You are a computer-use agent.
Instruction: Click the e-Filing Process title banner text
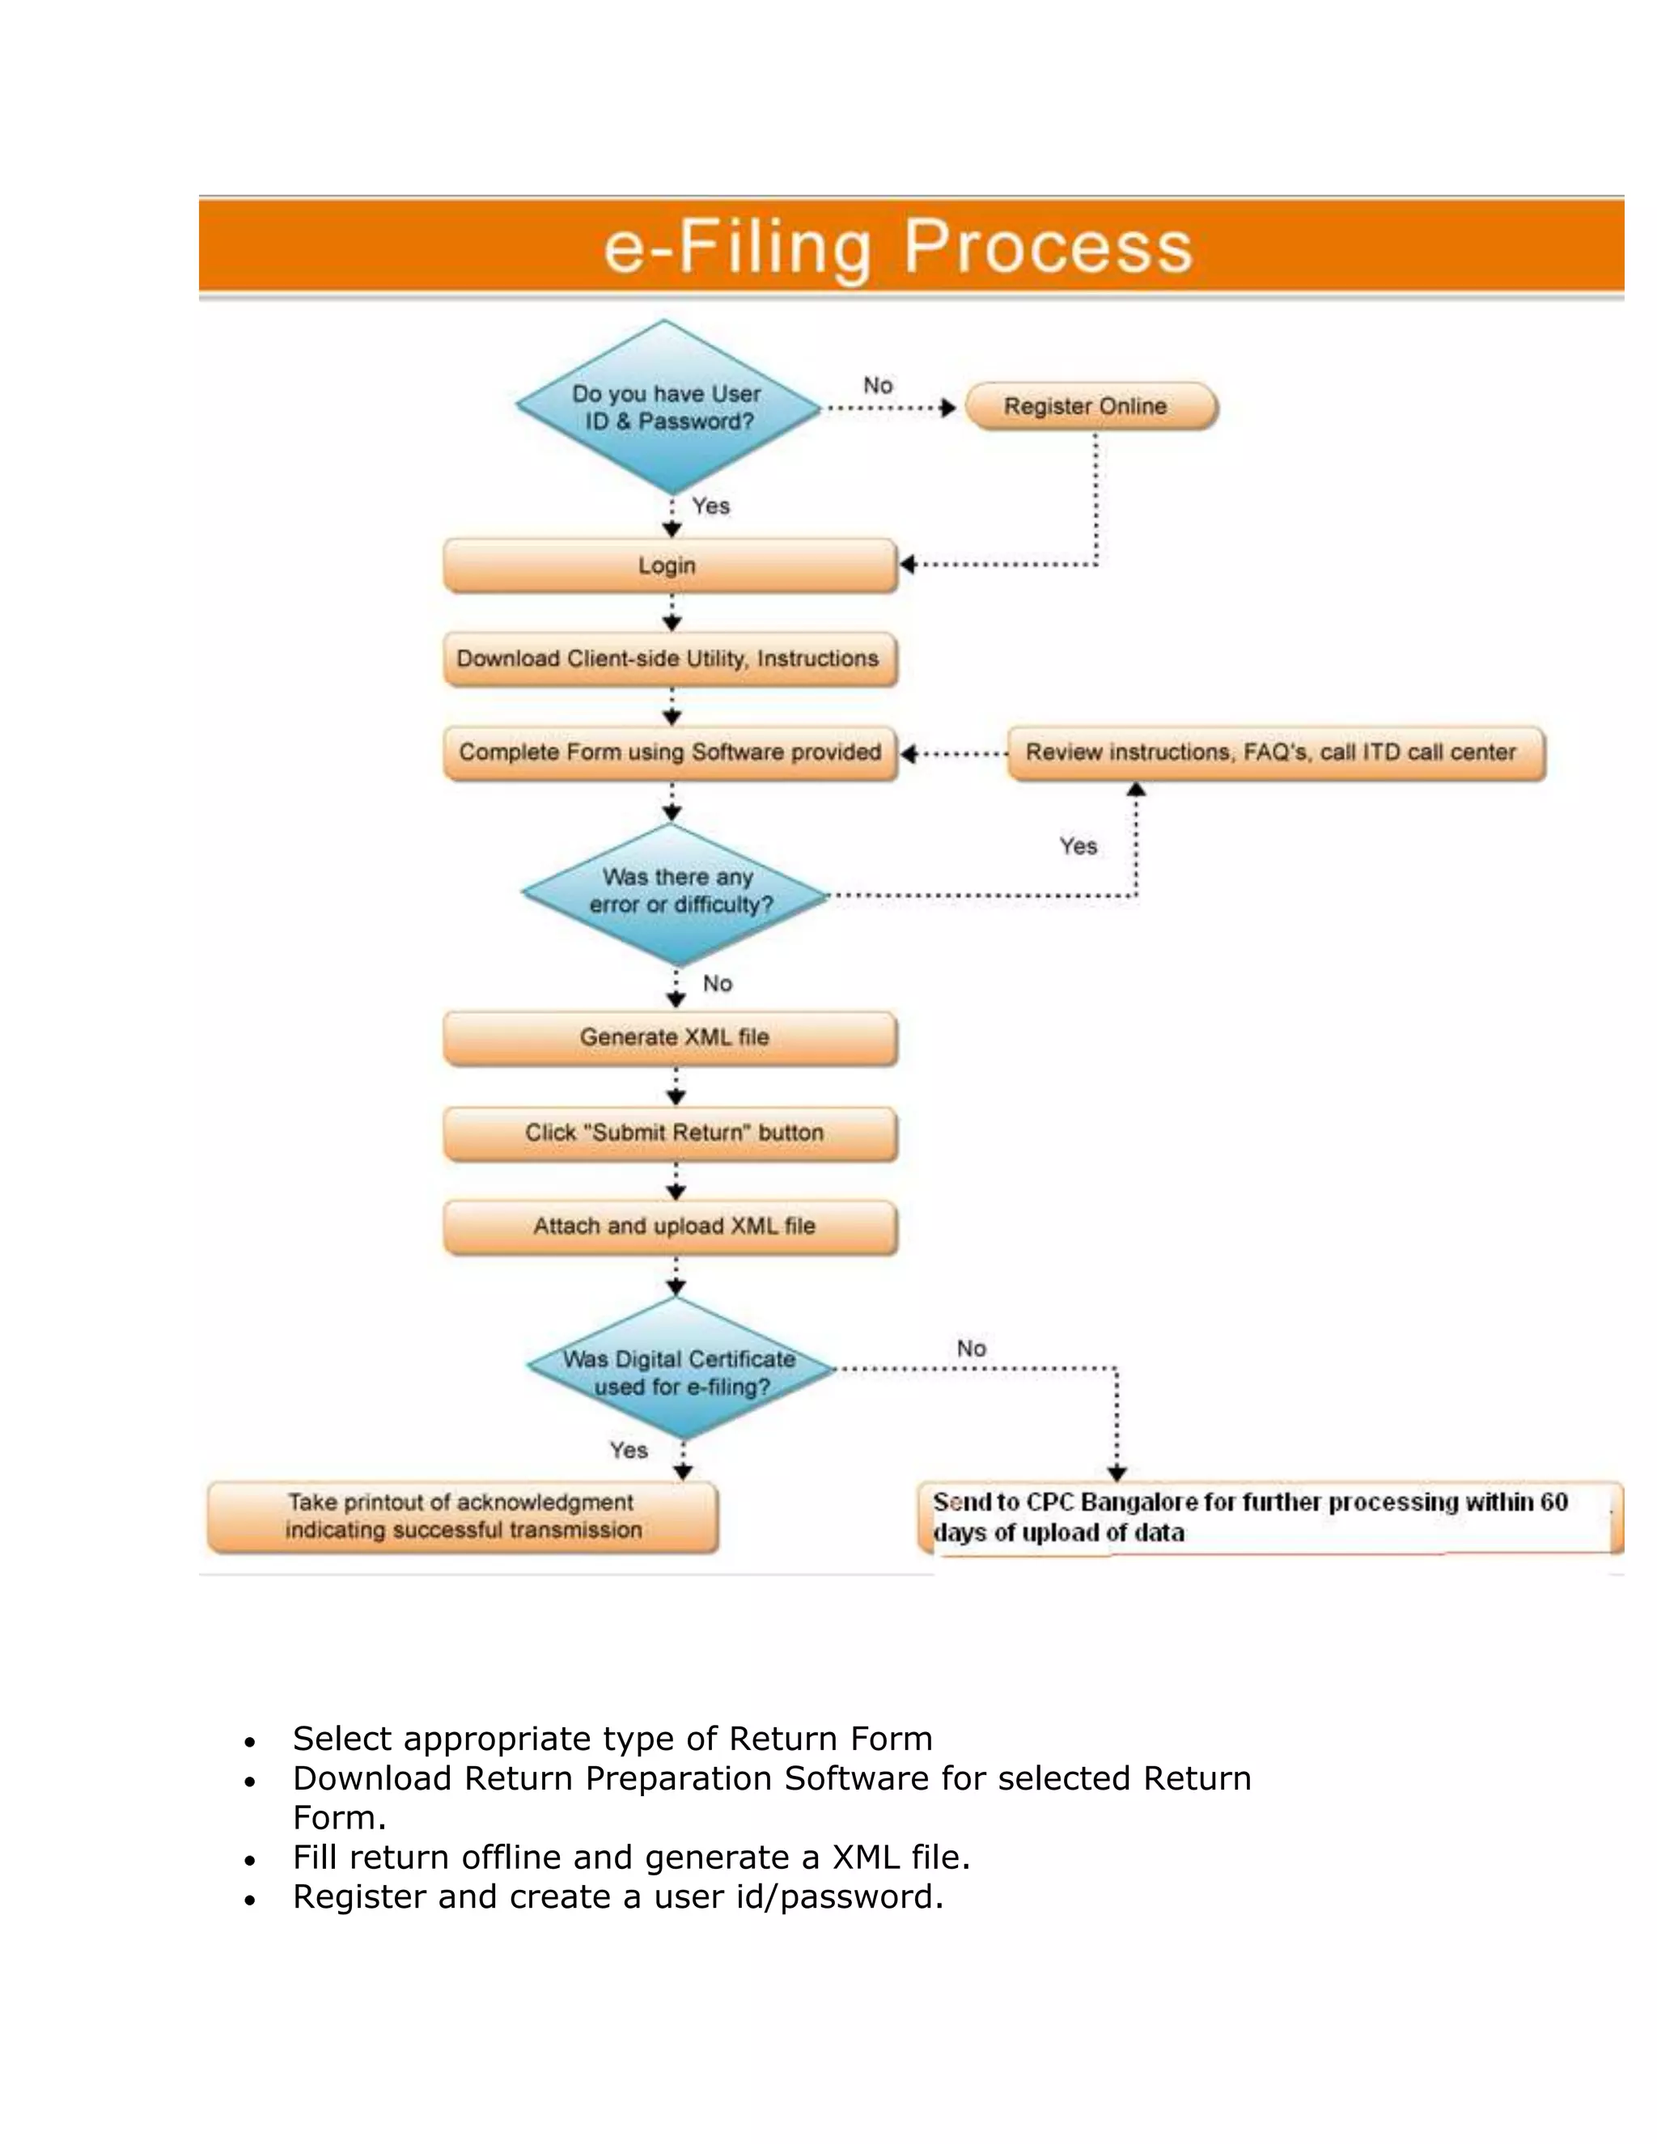pyautogui.click(x=897, y=248)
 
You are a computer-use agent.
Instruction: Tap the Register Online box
pyautogui.click(x=1090, y=406)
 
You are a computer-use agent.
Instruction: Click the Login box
pyautogui.click(x=669, y=566)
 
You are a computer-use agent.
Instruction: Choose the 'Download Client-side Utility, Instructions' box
pyautogui.click(x=669, y=659)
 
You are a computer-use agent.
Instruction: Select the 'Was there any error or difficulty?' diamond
pyautogui.click(x=677, y=892)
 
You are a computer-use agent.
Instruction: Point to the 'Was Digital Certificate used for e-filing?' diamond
pyautogui.click(x=680, y=1372)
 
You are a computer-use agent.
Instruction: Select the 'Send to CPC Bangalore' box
pyautogui.click(x=1266, y=1518)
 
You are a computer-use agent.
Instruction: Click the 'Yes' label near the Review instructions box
pyautogui.click(x=1078, y=846)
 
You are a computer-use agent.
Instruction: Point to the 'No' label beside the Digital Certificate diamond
pyautogui.click(x=971, y=1349)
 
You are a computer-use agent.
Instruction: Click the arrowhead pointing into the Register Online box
pyautogui.click(x=947, y=408)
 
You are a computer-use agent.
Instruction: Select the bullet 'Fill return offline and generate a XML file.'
pyautogui.click(x=631, y=1858)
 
